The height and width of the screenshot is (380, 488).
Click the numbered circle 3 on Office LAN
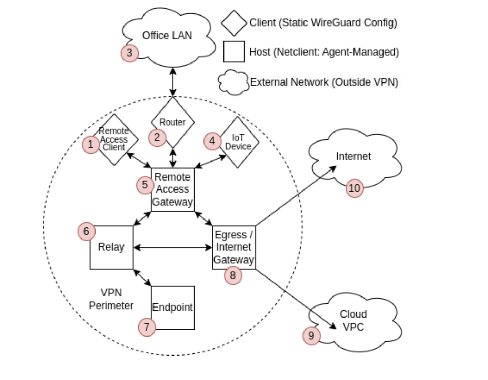[129, 53]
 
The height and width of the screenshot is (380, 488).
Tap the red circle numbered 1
[91, 144]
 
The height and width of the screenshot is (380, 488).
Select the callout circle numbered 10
[355, 188]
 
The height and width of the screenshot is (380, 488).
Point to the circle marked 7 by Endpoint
[147, 327]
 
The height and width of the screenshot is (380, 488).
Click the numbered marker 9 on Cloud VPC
[311, 336]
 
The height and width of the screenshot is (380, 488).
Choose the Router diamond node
[172, 123]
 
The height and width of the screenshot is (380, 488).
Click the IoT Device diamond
[238, 142]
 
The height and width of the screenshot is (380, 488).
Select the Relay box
[111, 247]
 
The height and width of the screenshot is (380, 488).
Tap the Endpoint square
[173, 308]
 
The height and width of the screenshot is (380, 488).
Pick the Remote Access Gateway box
[172, 189]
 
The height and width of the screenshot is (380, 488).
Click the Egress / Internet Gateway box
[234, 247]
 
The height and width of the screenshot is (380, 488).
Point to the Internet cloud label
[353, 156]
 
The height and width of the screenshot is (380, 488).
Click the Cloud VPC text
[353, 321]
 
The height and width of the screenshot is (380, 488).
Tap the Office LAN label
[167, 36]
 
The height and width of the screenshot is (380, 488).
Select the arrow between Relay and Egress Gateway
[172, 247]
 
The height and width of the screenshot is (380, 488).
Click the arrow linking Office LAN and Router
[173, 82]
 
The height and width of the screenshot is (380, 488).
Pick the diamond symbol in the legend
[234, 23]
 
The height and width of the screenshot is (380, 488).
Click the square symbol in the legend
[234, 52]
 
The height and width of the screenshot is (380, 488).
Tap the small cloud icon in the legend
[233, 82]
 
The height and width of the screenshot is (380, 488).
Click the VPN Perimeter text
[111, 299]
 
